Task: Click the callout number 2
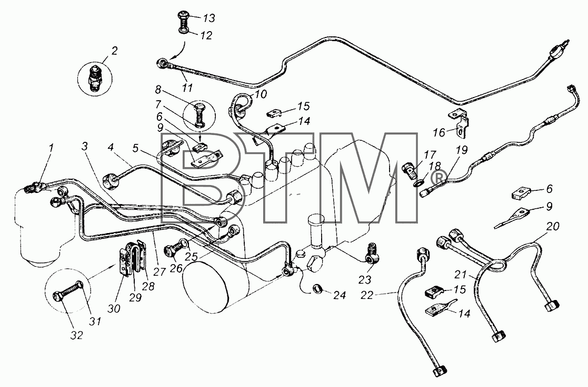[114, 50]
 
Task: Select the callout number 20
[552, 226]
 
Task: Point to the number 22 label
[367, 295]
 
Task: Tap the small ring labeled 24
[317, 289]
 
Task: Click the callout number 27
[159, 272]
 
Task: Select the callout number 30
[114, 308]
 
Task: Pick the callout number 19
[462, 150]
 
